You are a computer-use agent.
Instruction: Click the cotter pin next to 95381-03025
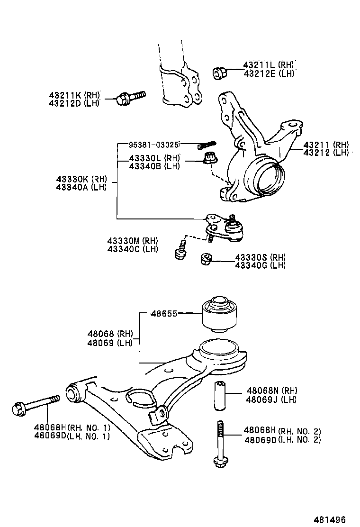pos(207,144)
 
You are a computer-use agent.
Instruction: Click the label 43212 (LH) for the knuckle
pos(326,153)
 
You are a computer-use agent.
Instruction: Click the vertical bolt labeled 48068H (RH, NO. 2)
pos(220,443)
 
